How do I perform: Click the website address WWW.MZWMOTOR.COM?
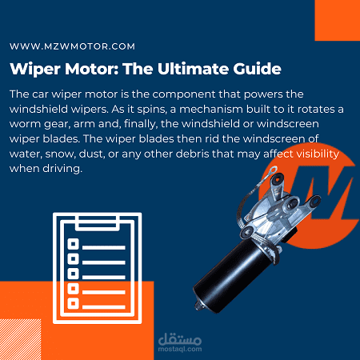tap(73, 47)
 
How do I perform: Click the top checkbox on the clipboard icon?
tap(73, 243)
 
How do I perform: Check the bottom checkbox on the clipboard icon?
tap(73, 302)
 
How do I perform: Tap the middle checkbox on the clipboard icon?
tap(73, 273)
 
